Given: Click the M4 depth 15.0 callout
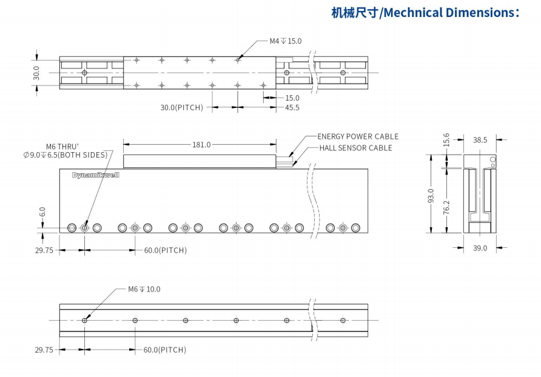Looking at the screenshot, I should (x=285, y=41).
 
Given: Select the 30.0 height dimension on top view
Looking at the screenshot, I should (x=36, y=73).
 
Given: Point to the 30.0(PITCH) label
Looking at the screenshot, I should (x=181, y=107).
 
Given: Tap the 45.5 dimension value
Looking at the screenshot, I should (x=292, y=107).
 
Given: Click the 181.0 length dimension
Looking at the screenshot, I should (x=201, y=144).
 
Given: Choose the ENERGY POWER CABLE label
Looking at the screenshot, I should (x=358, y=136).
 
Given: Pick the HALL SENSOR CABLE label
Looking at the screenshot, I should (x=355, y=148).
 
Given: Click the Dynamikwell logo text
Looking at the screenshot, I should (x=96, y=175).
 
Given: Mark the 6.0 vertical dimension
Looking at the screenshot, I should (x=42, y=212).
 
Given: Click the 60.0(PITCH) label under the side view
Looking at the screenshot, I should (x=165, y=250).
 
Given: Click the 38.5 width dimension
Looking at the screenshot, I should (x=480, y=140).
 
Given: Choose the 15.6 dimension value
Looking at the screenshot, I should (x=447, y=140).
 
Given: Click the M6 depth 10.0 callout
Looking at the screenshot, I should (x=144, y=289).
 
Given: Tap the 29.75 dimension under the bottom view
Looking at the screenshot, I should (x=44, y=350).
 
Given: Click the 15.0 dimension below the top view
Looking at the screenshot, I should (x=292, y=98).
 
